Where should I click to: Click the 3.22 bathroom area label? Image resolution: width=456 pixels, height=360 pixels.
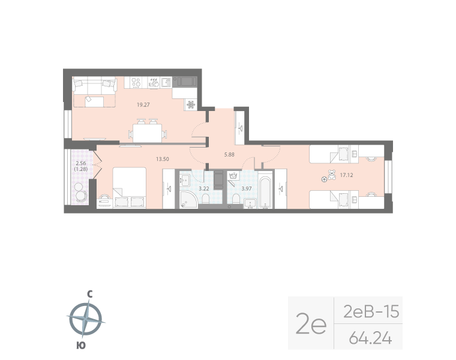[204, 188]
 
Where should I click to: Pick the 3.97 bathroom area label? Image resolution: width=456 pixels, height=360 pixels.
[246, 188]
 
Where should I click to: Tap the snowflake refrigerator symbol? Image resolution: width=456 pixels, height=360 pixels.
[191, 104]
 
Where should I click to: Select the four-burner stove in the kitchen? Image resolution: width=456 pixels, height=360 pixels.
[136, 82]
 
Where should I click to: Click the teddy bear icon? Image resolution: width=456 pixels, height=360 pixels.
[329, 176]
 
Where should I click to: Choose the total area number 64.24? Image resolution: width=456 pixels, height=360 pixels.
[370, 339]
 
